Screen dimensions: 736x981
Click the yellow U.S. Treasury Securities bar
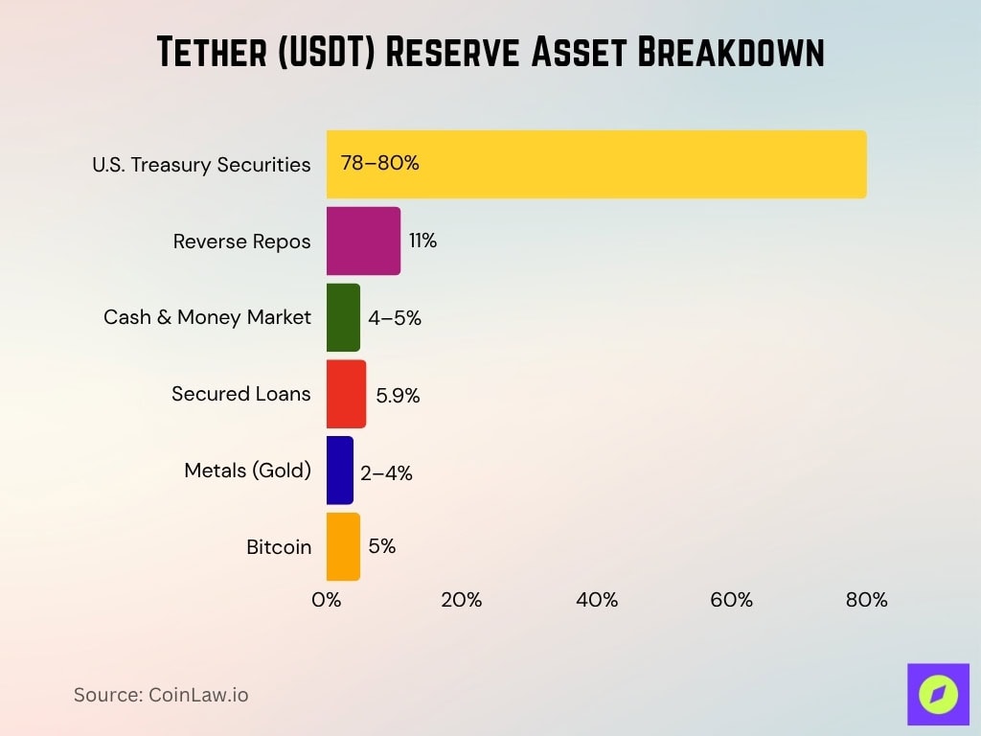tap(596, 164)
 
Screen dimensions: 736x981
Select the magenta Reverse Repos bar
tap(363, 241)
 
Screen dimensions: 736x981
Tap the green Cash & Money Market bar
tap(343, 317)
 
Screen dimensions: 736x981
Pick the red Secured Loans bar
tap(346, 394)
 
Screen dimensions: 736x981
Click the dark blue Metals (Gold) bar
tap(340, 471)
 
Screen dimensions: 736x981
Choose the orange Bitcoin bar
tap(343, 547)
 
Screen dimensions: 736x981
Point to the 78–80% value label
tap(380, 163)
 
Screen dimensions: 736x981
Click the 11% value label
tap(422, 241)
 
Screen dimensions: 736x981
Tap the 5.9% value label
tap(398, 395)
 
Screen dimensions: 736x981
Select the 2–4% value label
tap(386, 472)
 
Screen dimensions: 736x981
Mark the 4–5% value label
tap(395, 318)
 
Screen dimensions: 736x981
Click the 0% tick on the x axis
tap(327, 600)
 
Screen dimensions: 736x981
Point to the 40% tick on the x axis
tap(597, 600)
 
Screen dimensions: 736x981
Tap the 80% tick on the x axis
tap(867, 600)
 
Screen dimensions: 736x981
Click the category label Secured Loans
tap(241, 394)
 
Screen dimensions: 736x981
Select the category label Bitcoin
tap(279, 547)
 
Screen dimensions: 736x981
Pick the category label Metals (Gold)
tap(247, 471)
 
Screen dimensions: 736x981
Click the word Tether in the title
tap(217, 54)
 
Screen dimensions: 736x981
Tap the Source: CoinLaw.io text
tap(161, 695)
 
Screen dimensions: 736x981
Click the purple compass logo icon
tap(938, 694)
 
